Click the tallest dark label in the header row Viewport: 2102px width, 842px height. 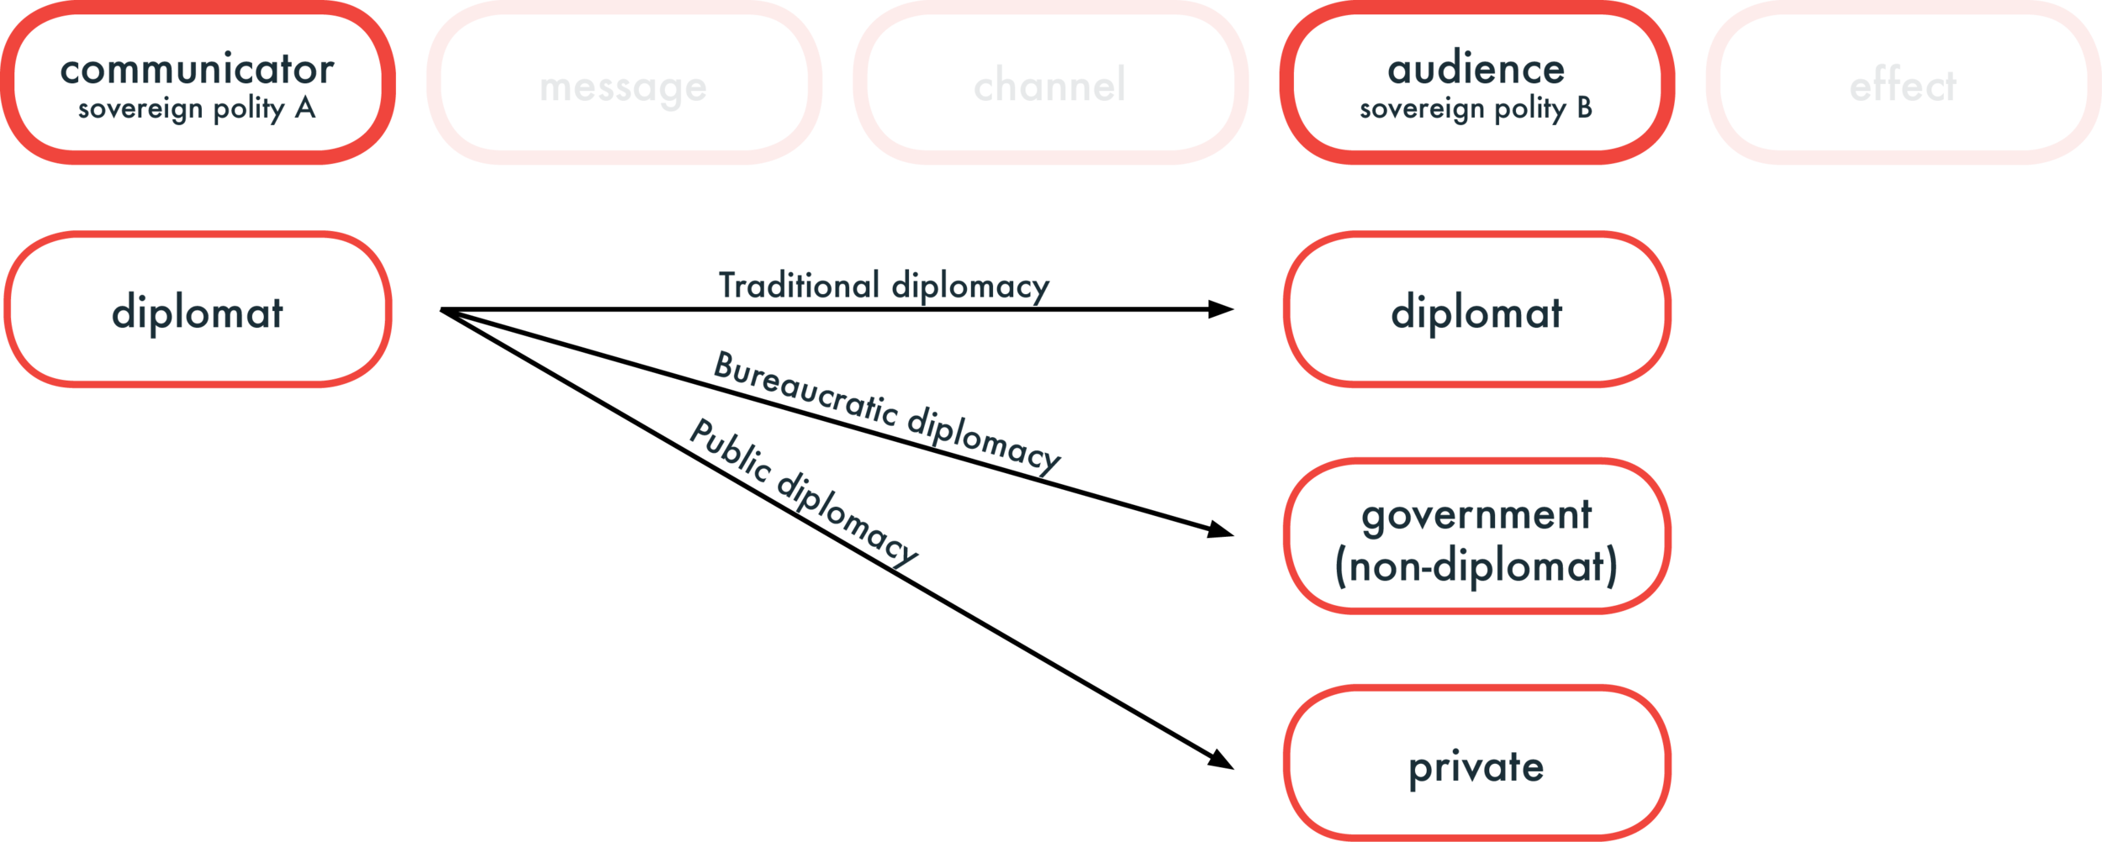204,92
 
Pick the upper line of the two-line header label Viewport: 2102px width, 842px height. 1513,71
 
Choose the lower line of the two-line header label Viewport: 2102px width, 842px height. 1500,116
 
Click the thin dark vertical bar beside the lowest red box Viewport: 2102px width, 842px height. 1272,790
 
